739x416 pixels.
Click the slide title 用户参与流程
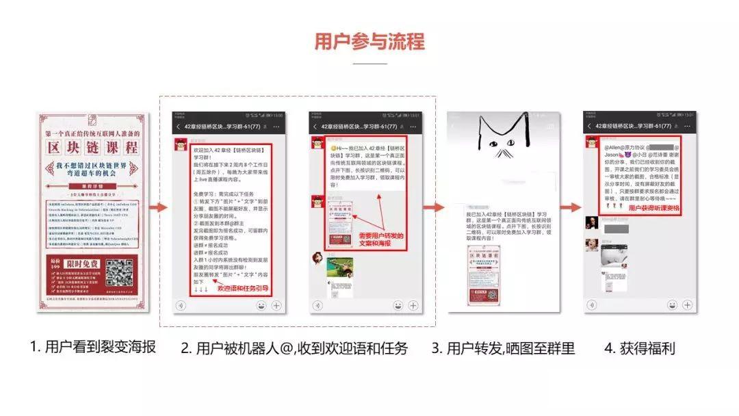(369, 42)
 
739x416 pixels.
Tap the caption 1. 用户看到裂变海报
(93, 347)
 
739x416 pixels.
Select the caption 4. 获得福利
(640, 348)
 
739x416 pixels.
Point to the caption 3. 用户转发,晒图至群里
(503, 348)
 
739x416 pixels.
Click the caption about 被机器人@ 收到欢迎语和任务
(294, 348)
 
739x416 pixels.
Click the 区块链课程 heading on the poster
(92, 147)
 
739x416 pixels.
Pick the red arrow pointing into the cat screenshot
(432, 207)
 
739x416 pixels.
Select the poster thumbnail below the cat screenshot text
(488, 274)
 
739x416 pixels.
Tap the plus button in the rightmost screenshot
(686, 306)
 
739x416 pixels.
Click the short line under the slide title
(369, 64)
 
